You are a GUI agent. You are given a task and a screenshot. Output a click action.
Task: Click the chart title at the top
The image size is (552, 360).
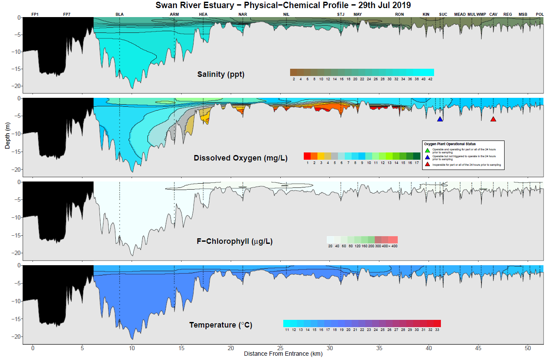283,5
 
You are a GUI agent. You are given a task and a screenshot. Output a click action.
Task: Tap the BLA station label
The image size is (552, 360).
120,15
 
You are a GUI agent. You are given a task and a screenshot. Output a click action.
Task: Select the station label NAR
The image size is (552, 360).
243,15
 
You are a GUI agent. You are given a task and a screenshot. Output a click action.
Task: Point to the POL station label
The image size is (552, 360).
540,15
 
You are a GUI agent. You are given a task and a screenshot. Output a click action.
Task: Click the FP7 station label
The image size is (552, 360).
67,15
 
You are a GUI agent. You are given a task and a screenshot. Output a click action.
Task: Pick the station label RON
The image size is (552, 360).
399,15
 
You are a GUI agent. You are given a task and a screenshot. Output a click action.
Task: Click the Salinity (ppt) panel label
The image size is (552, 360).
220,74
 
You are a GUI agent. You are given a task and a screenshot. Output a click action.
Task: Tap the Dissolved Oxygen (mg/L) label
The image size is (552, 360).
241,158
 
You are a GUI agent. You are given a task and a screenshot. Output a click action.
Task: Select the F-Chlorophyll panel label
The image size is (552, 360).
235,241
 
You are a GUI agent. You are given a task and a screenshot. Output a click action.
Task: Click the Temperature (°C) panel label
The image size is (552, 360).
221,325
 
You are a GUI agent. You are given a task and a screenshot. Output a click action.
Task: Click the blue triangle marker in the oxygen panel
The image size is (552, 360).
440,119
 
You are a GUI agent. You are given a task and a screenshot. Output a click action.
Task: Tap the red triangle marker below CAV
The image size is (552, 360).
493,119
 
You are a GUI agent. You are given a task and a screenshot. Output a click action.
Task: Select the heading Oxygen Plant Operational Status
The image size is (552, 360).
449,144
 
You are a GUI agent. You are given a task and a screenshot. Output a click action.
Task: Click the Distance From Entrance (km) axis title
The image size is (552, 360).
283,354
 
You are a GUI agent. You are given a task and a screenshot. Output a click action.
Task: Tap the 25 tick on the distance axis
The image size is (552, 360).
280,348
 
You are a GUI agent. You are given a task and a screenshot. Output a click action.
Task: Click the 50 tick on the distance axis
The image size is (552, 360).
527,348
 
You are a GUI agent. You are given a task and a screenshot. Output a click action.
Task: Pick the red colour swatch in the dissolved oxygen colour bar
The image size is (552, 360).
307,156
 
